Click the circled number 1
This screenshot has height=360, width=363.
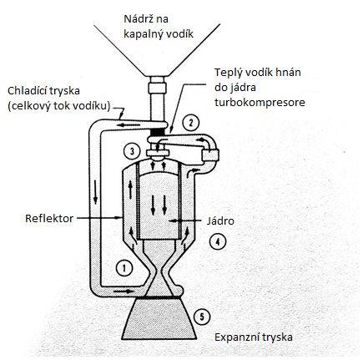pos(124,268)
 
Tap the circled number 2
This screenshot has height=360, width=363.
pos(190,123)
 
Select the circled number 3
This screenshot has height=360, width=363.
pos(132,151)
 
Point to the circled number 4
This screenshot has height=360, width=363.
pos(218,241)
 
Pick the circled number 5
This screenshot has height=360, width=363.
pos(202,317)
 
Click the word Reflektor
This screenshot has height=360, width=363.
pos(49,218)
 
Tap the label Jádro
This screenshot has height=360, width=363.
pos(220,221)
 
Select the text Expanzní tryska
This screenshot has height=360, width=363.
pos(254,337)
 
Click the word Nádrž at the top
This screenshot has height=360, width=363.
pos(137,19)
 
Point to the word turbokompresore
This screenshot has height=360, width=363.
pos(260,103)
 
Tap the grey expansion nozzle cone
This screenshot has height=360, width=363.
pos(159,319)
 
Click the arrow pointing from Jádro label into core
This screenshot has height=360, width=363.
pos(184,221)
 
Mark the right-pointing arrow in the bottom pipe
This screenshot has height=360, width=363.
pos(123,292)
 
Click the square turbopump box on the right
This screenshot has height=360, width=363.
pos(211,155)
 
